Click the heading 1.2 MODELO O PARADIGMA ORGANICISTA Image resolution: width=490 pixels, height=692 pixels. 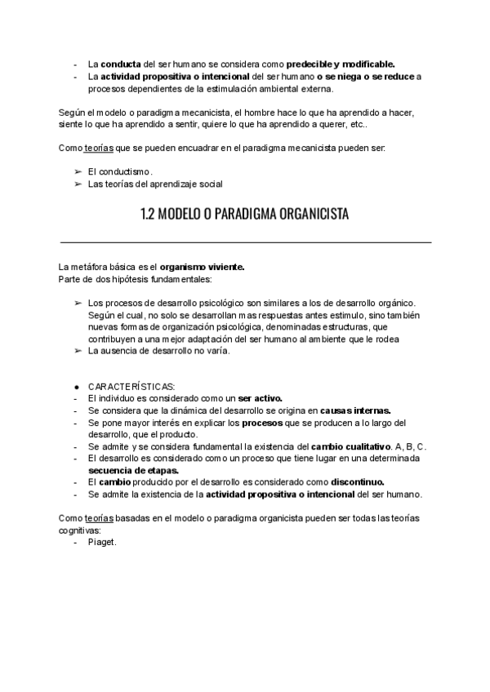[x=244, y=215]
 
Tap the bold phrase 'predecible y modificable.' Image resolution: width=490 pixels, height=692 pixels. [x=342, y=63]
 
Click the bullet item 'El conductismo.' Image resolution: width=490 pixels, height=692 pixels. [x=120, y=171]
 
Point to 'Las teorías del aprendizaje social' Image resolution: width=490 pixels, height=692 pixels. [x=155, y=184]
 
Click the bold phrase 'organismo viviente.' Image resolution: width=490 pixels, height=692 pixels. [x=203, y=267]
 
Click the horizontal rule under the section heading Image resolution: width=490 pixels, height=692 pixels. [x=246, y=242]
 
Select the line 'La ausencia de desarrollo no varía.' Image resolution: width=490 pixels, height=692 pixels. [x=158, y=351]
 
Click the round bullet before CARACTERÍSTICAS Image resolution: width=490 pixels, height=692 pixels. [x=75, y=386]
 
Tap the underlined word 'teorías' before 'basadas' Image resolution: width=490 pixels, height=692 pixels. [x=97, y=518]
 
